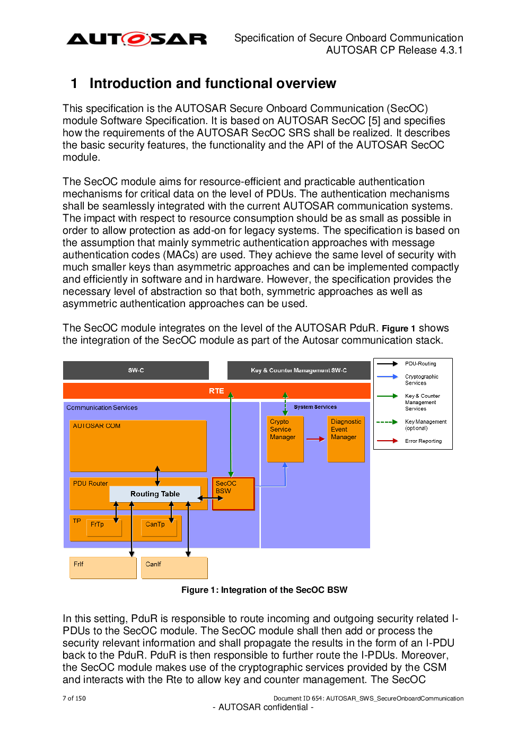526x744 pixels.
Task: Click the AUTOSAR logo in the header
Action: [x=136, y=39]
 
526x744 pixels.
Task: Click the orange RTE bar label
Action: [x=216, y=391]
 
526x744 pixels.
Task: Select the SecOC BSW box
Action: [x=233, y=494]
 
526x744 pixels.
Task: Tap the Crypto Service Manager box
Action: [x=285, y=439]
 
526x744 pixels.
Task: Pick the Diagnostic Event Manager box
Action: [x=346, y=439]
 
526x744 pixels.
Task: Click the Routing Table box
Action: [x=155, y=494]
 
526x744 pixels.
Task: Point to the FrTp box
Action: [x=104, y=528]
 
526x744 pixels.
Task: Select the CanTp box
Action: [x=159, y=528]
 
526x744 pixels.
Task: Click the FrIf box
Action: [x=103, y=567]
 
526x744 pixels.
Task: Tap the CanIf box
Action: [x=174, y=567]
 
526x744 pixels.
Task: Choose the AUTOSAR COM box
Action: [x=138, y=446]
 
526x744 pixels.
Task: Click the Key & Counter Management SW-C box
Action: [x=299, y=370]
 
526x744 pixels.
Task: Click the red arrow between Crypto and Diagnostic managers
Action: [x=315, y=439]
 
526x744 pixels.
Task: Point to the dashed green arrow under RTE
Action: [x=285, y=404]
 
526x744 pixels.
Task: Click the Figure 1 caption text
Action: [x=265, y=590]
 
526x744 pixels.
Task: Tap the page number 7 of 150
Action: [x=74, y=698]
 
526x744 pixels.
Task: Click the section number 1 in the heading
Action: [x=74, y=83]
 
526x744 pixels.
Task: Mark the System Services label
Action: [x=315, y=407]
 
